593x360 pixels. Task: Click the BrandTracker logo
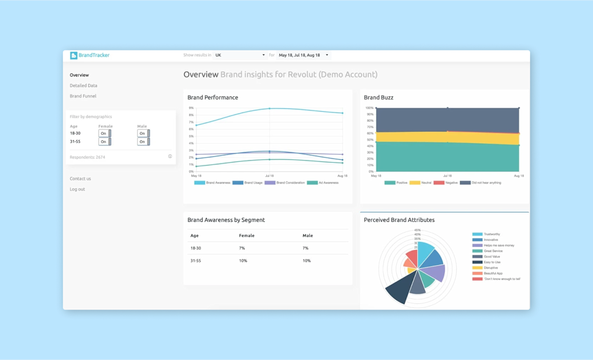[89, 55]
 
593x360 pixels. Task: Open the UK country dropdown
[240, 55]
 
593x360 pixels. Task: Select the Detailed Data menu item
[83, 86]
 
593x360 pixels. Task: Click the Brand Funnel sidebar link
[83, 96]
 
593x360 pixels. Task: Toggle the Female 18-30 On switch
[104, 134]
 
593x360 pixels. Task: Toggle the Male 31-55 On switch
[143, 141]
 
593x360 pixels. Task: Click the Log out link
[77, 189]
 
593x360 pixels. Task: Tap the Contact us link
[80, 179]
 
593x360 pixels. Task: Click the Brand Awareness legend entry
[212, 183]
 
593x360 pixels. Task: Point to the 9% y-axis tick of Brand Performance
[191, 108]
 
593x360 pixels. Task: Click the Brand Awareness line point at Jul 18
[269, 108]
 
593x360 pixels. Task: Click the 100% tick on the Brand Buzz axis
[369, 108]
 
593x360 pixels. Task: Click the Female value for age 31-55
[242, 261]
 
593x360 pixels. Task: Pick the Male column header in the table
[308, 236]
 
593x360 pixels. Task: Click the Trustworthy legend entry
[491, 234]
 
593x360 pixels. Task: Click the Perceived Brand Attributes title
[399, 220]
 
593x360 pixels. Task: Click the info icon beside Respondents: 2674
[170, 157]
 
